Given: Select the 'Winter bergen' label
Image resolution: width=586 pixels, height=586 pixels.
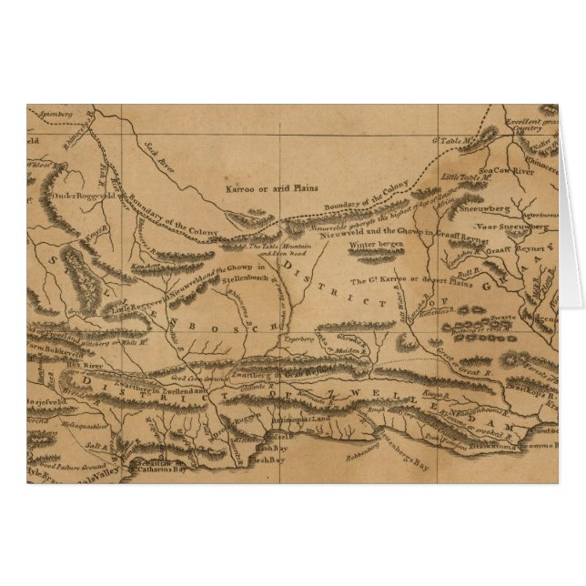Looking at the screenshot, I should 375,245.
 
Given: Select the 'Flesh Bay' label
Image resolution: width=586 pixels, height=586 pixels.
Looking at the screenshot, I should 265,460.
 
